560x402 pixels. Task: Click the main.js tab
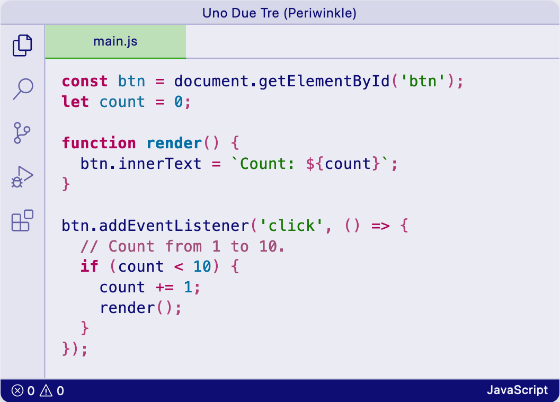[115, 41]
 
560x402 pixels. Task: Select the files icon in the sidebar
[22, 46]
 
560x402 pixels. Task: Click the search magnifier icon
[22, 89]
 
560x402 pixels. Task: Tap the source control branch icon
[22, 133]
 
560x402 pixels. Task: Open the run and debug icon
[22, 177]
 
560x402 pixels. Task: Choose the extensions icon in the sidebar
[22, 220]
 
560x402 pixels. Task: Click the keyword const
[85, 82]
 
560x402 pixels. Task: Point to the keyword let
[75, 102]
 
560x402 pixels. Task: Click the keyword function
[99, 143]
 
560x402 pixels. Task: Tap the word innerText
[160, 164]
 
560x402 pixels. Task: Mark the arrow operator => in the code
[380, 226]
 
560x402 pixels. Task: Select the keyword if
[90, 266]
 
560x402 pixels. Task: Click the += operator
[164, 287]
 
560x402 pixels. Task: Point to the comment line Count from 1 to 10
[183, 246]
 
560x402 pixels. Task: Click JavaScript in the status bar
[517, 391]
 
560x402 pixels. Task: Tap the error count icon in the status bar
[18, 391]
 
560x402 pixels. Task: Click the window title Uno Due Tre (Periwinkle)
[280, 13]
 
